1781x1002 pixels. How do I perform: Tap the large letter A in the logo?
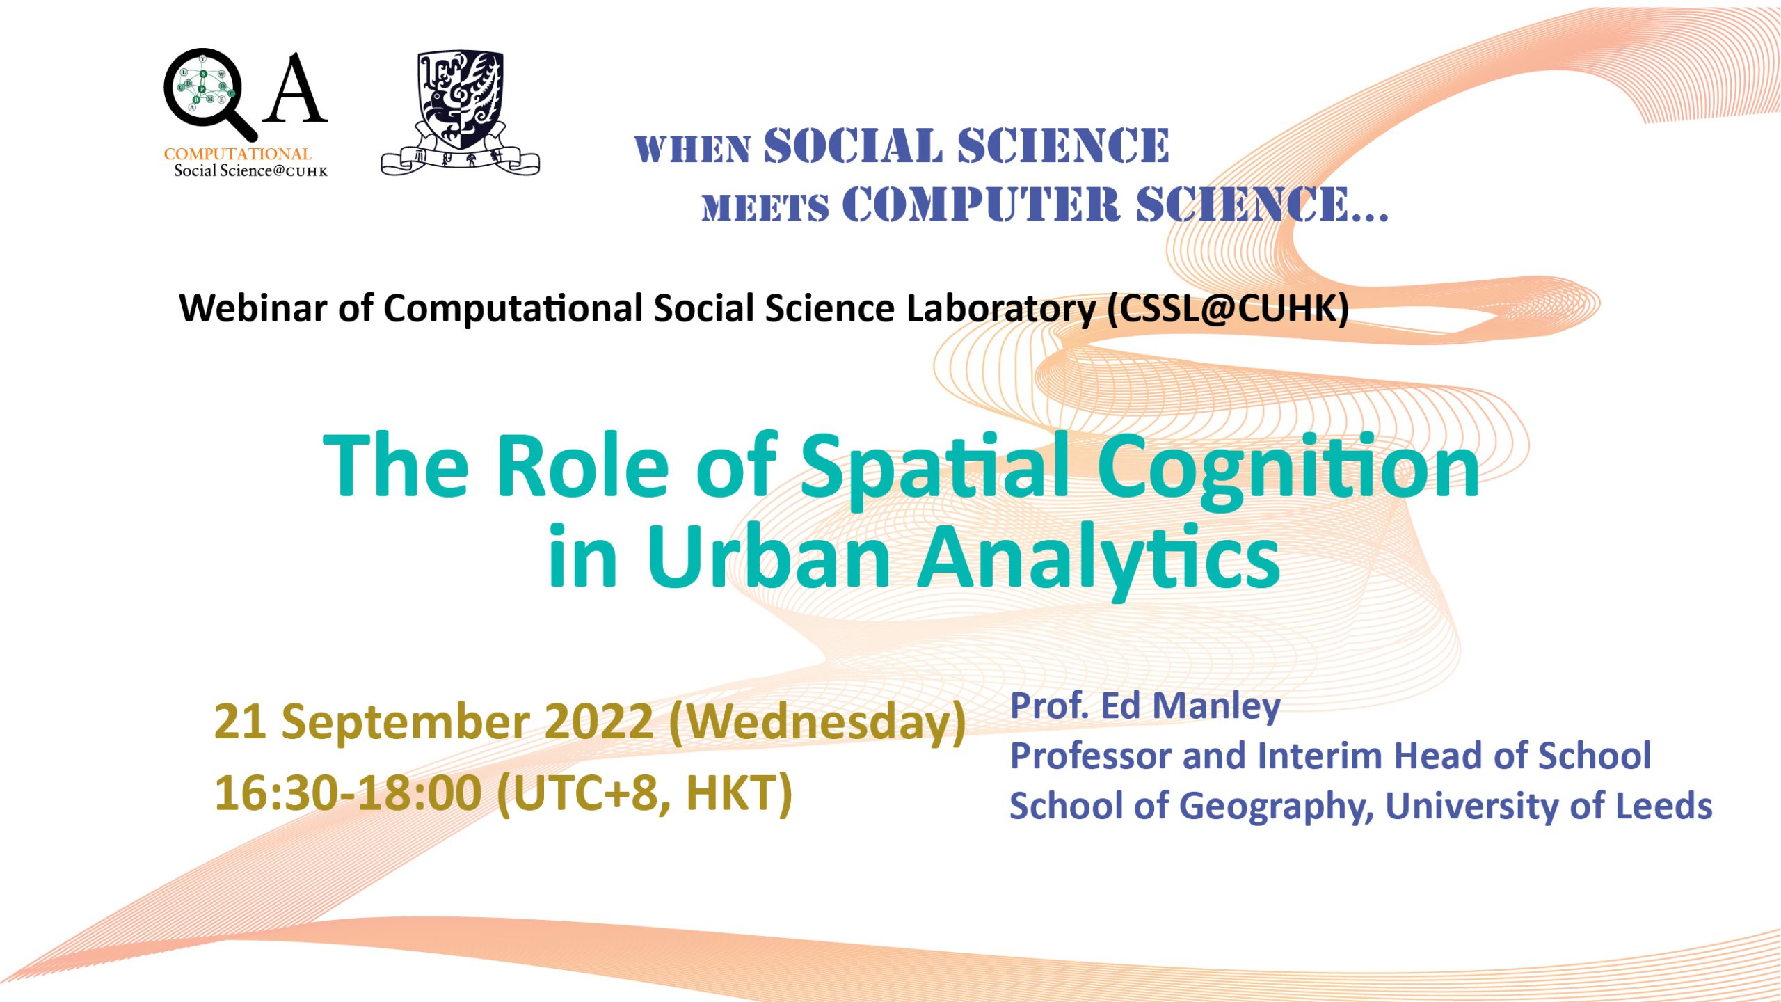click(x=296, y=88)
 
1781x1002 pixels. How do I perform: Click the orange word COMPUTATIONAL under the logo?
click(x=237, y=154)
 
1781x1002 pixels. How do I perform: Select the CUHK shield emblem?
click(x=460, y=111)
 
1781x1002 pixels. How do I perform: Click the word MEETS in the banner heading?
click(x=765, y=207)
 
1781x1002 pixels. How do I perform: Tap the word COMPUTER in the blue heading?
click(x=981, y=205)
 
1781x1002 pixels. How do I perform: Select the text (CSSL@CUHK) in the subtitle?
click(x=1229, y=309)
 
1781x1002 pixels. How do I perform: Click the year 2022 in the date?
click(x=598, y=722)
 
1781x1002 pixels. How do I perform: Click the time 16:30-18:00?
click(x=348, y=793)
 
